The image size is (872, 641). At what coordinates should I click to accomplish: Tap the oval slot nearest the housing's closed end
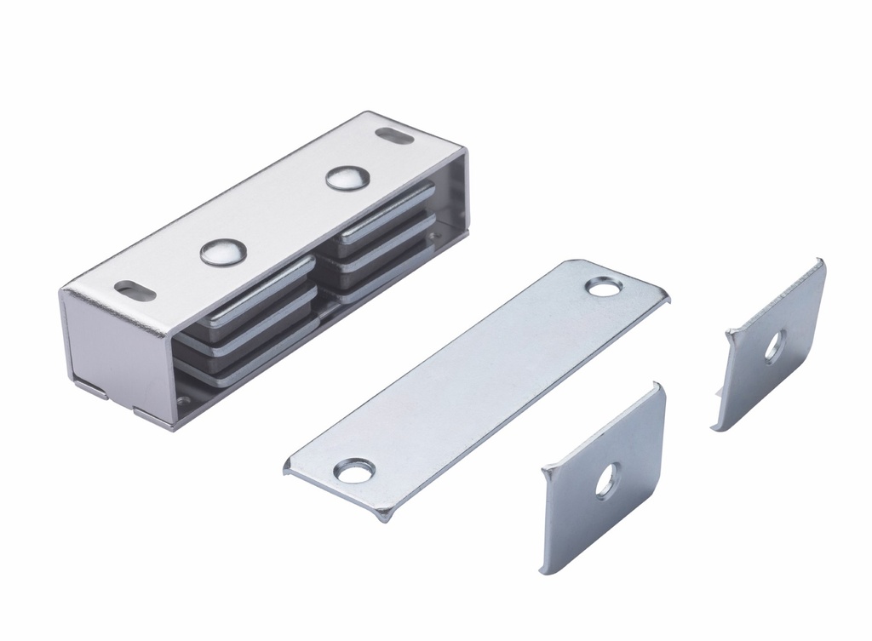coord(135,290)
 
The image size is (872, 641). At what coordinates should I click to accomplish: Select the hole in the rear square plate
coord(774,347)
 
